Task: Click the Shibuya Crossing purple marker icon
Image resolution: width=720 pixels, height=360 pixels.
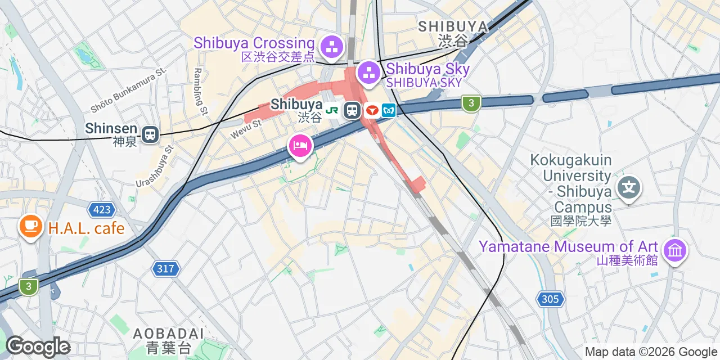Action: (332, 46)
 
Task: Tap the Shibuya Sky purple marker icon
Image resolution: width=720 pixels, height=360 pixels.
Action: (369, 72)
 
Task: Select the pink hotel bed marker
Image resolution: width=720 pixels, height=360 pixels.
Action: (300, 146)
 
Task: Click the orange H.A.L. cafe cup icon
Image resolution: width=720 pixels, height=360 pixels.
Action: (30, 227)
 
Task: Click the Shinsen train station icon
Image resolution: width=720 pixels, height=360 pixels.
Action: (150, 134)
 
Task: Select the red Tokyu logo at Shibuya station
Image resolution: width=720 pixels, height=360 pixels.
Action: (371, 110)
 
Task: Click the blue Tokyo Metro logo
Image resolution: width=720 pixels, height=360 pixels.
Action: (389, 110)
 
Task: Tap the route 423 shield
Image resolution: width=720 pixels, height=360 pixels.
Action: (102, 210)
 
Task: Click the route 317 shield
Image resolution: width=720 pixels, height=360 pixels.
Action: (165, 269)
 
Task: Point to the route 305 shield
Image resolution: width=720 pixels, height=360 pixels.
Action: (550, 299)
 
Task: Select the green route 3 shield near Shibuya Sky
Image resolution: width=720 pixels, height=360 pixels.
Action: (471, 103)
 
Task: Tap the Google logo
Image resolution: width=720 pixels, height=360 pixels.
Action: (38, 346)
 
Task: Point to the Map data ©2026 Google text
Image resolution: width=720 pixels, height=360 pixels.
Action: (650, 352)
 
